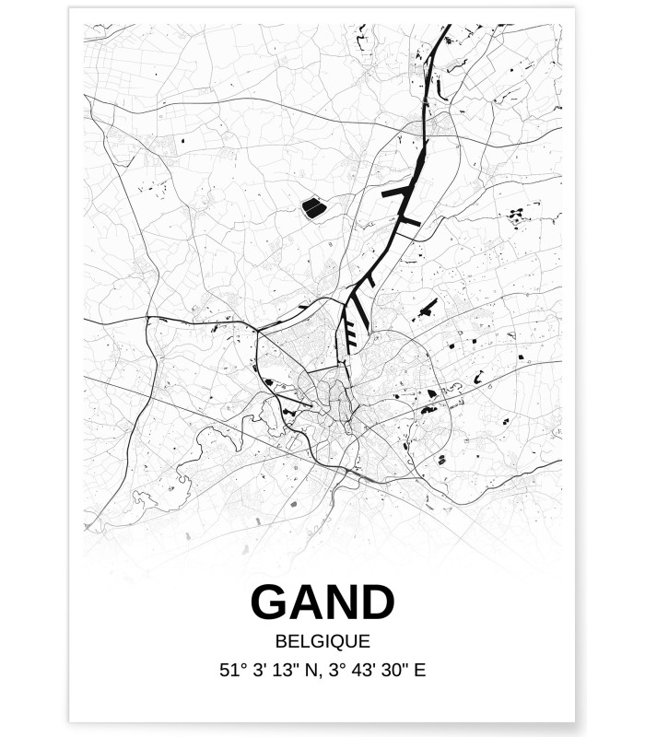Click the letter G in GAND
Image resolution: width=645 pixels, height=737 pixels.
click(269, 603)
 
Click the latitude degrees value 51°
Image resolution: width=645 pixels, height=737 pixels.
click(231, 671)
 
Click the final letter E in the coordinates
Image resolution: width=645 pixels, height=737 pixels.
click(421, 671)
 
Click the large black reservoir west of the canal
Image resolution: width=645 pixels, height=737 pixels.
click(314, 208)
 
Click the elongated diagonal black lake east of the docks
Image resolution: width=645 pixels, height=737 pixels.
click(427, 310)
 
